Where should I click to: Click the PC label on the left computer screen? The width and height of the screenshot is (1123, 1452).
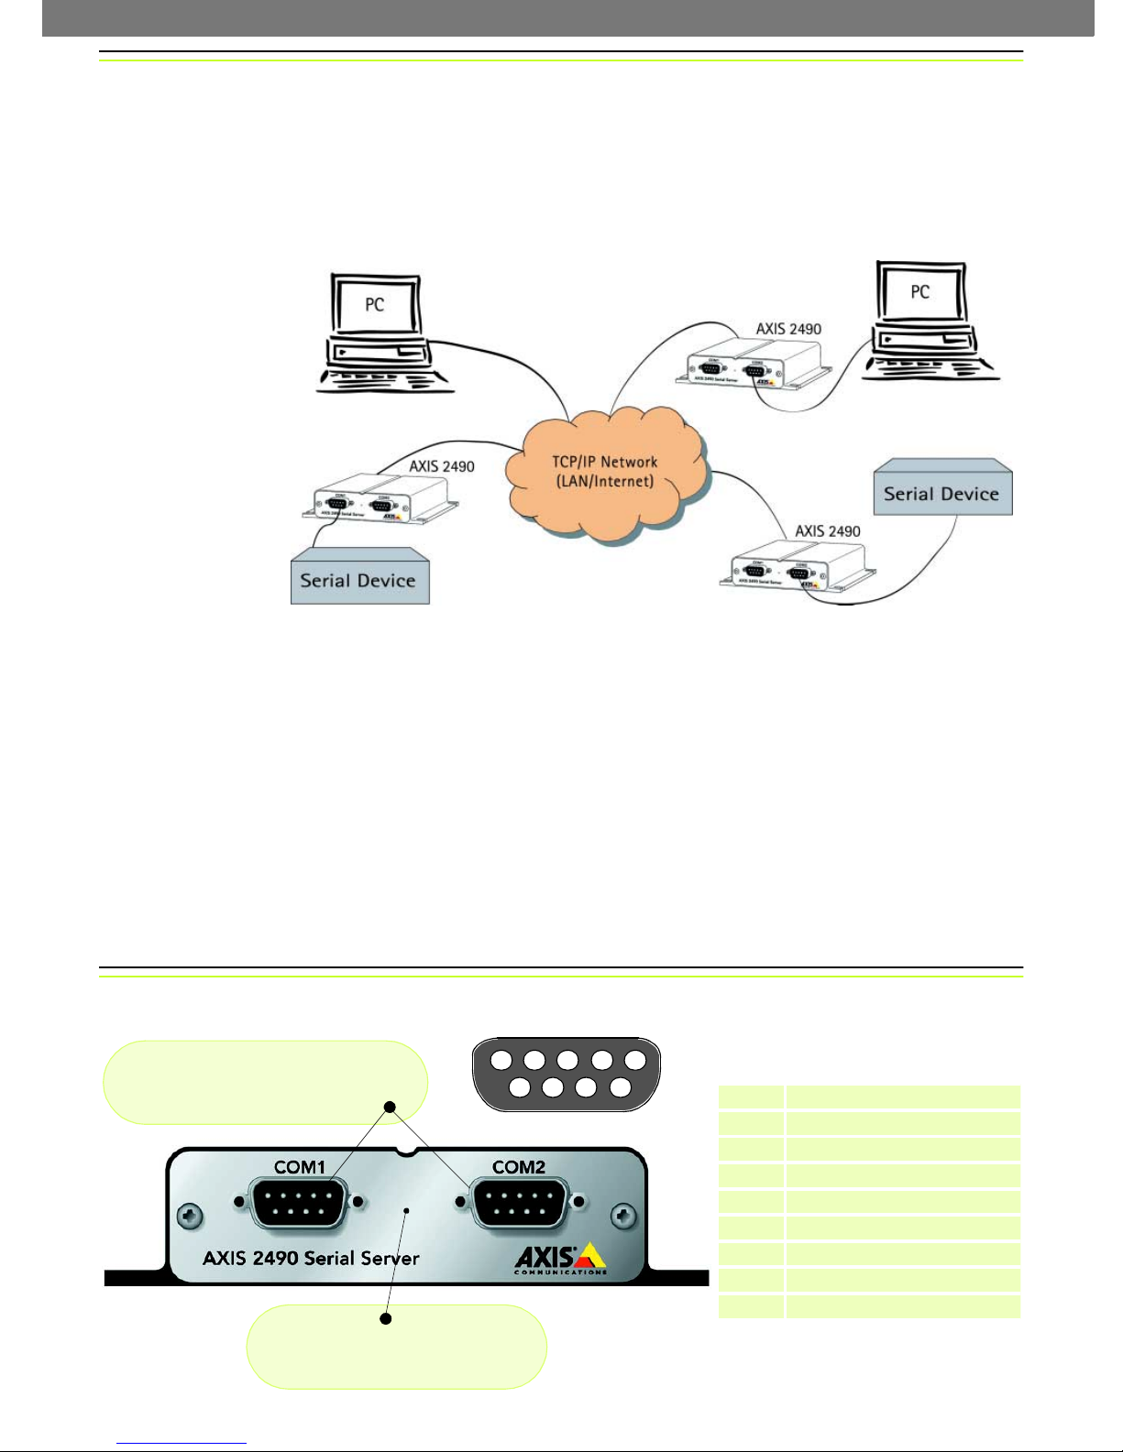point(374,304)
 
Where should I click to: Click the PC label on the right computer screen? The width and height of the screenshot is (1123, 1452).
point(919,291)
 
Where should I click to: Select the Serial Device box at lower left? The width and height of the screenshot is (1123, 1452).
point(359,580)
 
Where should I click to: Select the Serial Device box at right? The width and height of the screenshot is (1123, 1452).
point(941,493)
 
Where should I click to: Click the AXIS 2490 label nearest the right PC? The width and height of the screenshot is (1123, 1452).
point(788,329)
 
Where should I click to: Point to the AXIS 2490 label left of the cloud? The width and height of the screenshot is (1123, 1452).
point(441,466)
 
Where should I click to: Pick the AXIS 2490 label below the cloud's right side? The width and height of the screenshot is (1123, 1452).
point(827,531)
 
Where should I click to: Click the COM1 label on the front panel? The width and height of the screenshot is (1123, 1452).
point(300,1167)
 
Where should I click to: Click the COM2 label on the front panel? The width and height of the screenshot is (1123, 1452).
point(519,1167)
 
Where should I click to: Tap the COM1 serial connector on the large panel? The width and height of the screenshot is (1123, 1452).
point(299,1204)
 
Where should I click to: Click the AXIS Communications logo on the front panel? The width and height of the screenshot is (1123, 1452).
point(560,1259)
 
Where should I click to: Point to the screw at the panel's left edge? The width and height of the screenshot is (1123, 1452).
point(191,1217)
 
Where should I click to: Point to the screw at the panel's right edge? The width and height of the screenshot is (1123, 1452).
point(624,1217)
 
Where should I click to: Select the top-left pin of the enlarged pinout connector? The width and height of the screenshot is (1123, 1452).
point(501,1061)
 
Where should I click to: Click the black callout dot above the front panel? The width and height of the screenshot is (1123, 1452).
point(389,1107)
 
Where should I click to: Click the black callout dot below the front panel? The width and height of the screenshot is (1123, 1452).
point(386,1319)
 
